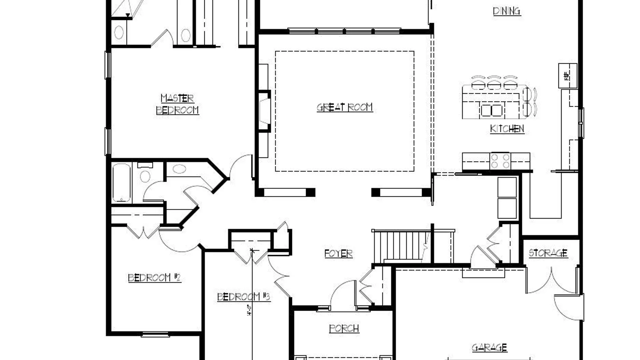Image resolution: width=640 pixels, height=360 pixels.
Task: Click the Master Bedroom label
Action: pyautogui.click(x=177, y=104)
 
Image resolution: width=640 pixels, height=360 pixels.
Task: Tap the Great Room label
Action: pyautogui.click(x=345, y=107)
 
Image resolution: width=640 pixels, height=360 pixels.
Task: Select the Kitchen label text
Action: pyautogui.click(x=507, y=129)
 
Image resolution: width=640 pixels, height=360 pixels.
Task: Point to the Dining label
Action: pyautogui.click(x=507, y=11)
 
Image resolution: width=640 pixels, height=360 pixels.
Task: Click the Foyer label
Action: pyautogui.click(x=338, y=253)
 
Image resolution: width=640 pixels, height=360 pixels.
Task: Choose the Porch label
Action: pyautogui.click(x=344, y=328)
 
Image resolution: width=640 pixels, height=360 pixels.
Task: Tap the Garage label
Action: pyautogui.click(x=489, y=348)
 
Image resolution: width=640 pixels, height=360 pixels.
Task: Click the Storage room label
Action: pyautogui.click(x=548, y=253)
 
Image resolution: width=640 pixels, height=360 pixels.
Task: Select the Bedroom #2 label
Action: pyautogui.click(x=154, y=278)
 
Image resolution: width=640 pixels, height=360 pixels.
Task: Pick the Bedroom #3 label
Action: pyautogui.click(x=243, y=296)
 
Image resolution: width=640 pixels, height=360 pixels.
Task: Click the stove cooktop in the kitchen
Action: pyautogui.click(x=500, y=161)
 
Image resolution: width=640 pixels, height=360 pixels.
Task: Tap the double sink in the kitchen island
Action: pyautogui.click(x=492, y=110)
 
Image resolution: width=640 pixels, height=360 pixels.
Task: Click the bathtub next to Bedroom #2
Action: pyautogui.click(x=121, y=183)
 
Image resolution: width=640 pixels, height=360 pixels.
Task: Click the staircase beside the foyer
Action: pyautogui.click(x=400, y=247)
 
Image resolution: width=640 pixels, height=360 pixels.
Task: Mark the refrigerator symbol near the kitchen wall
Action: pyautogui.click(x=567, y=76)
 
